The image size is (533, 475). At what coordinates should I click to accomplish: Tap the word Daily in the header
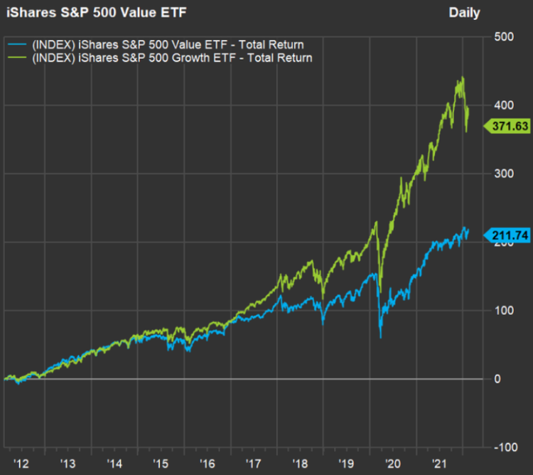coord(464,13)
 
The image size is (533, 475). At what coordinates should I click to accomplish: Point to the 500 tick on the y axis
coord(505,37)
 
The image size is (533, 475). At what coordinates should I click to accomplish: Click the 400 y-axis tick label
coord(505,105)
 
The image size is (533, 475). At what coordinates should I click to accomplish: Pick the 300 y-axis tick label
coord(505,174)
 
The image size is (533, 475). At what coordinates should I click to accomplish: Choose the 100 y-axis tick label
coord(505,311)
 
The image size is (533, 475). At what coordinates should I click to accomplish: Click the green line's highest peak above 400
coord(463,78)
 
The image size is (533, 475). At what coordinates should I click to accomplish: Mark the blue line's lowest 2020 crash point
coord(380,338)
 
